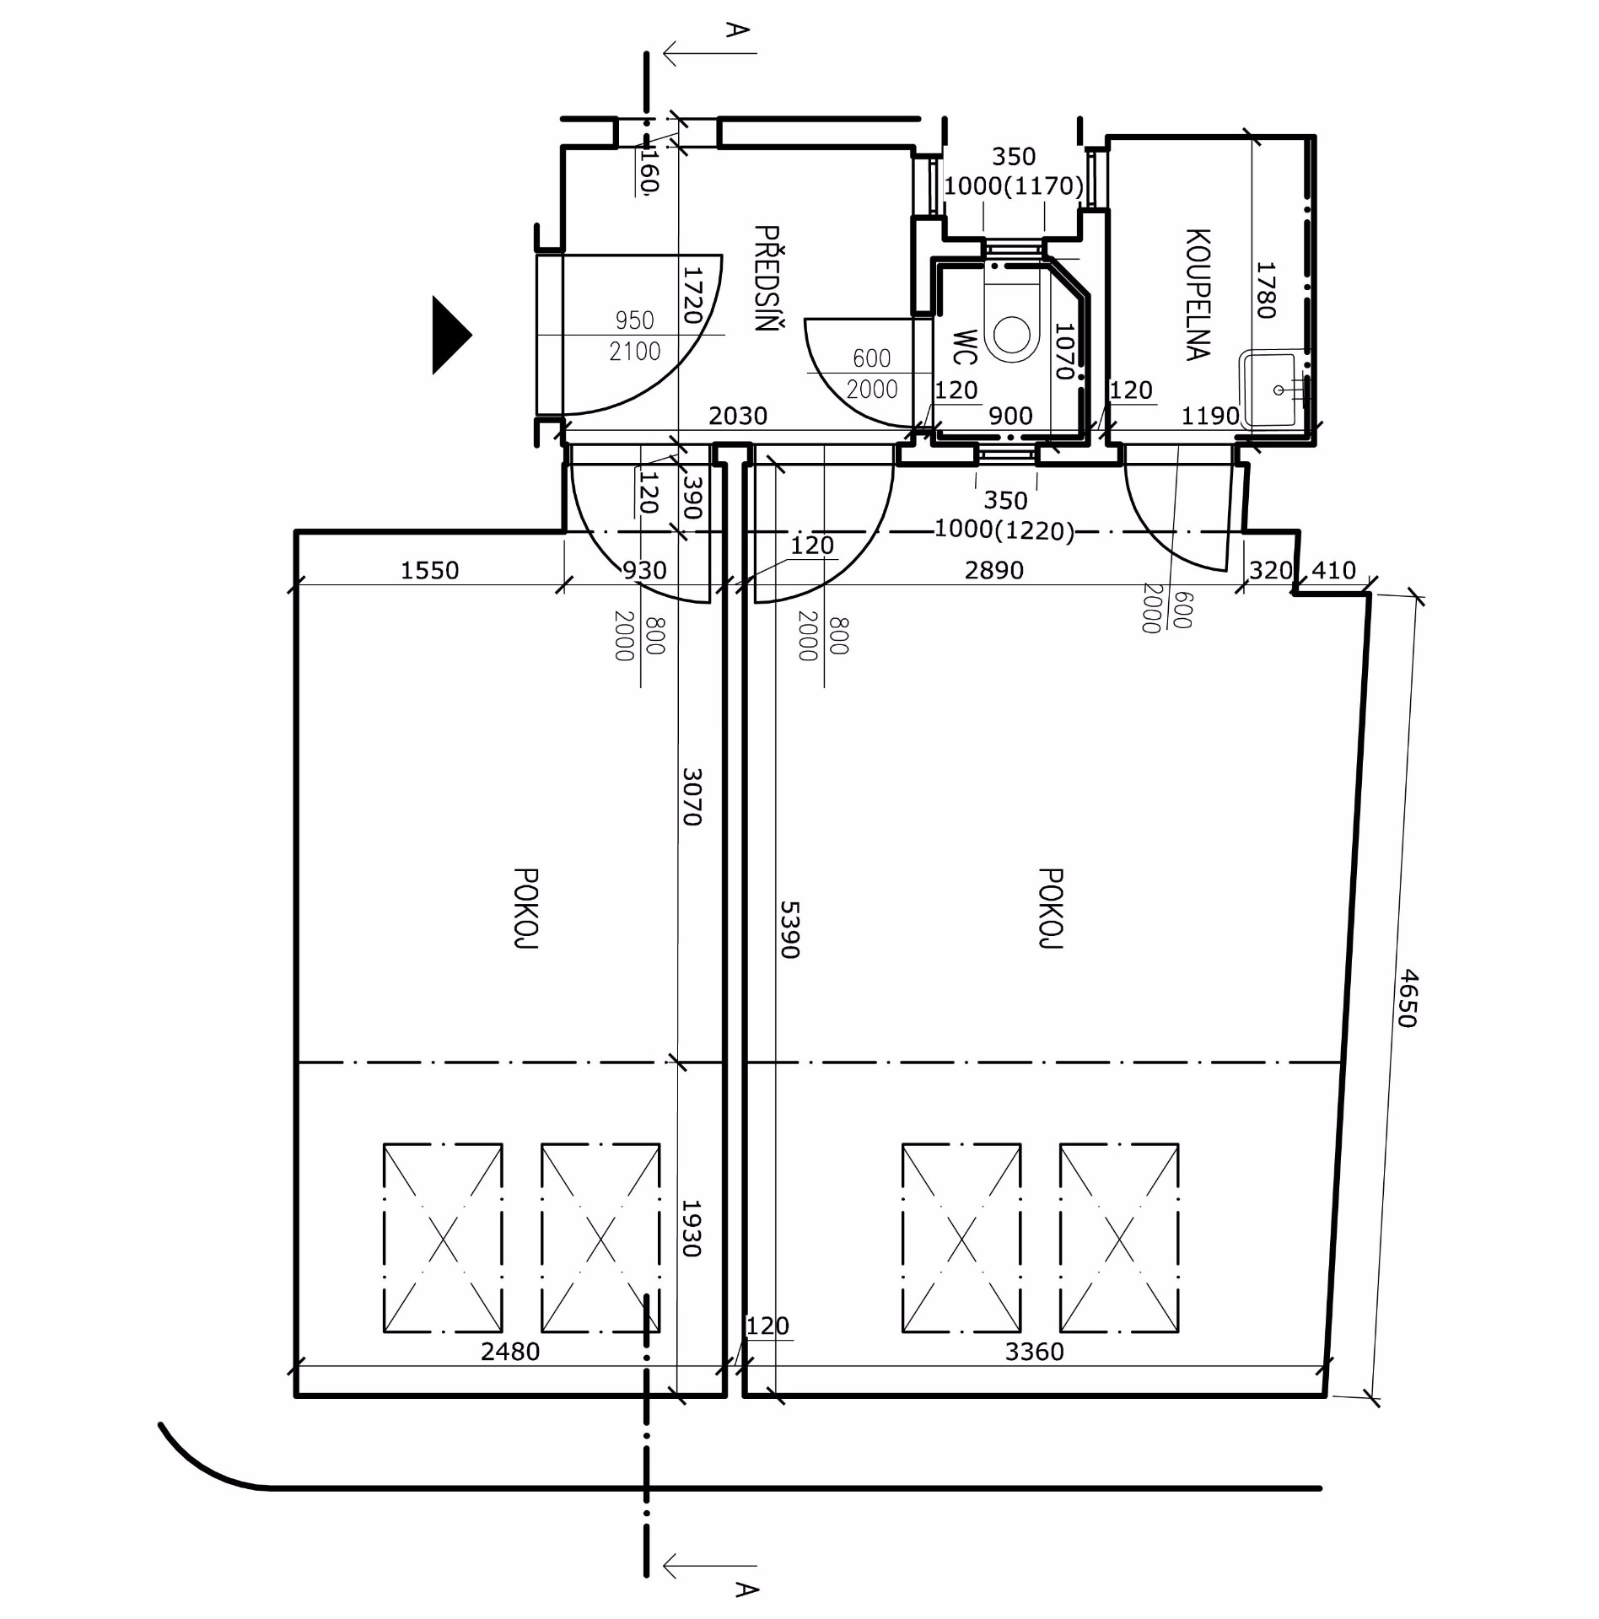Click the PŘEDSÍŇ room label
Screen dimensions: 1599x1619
coord(766,278)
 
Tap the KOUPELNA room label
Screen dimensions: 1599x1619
coord(1198,294)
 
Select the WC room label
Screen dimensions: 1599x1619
coord(964,347)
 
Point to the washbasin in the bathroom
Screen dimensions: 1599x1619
coord(1268,389)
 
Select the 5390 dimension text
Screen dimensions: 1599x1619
coord(789,930)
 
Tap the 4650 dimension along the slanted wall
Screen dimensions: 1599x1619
coord(1408,998)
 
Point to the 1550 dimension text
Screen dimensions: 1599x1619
coord(429,571)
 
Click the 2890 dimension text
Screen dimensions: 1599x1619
coord(994,571)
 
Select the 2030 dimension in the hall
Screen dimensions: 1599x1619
coord(738,416)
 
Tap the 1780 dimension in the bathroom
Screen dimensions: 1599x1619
coord(1266,290)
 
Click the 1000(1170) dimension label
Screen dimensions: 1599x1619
coord(1013,186)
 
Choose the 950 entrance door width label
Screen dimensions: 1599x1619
coord(634,320)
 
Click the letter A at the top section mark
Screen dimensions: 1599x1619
coord(737,30)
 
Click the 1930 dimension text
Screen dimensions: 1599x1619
coord(692,1229)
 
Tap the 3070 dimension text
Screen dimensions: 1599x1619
coord(692,797)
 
